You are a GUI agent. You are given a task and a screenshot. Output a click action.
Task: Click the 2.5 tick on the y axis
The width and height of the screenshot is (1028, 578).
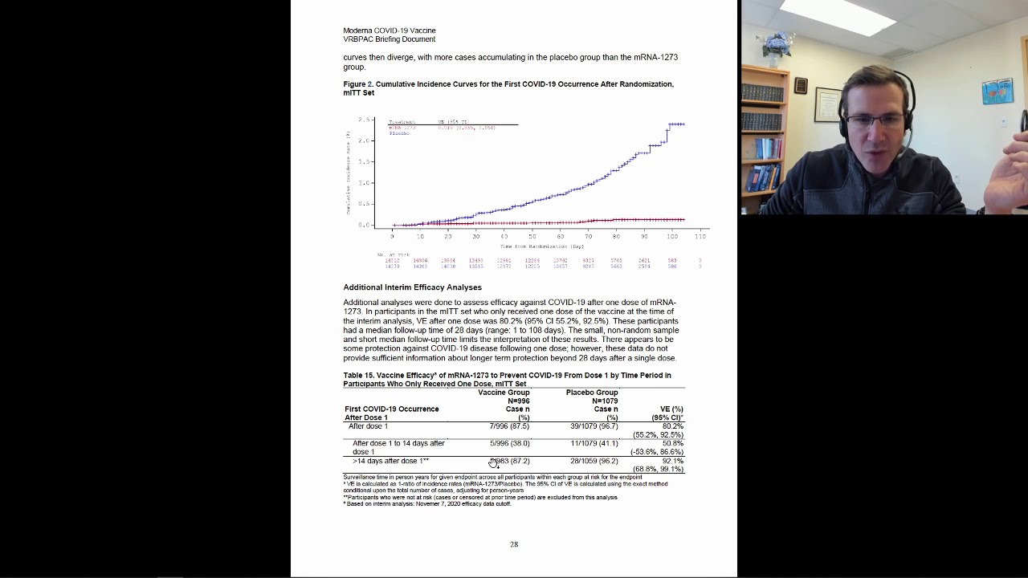tap(364, 120)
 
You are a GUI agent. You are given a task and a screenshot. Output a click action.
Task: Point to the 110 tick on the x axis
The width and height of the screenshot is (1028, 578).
tap(700, 236)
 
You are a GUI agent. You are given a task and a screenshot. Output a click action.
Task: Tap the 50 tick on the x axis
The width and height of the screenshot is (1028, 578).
tap(532, 236)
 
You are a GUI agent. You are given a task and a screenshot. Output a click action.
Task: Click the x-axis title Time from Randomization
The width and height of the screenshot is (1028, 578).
tap(541, 246)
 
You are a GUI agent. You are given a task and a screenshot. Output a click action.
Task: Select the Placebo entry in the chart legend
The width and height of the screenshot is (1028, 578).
tap(399, 133)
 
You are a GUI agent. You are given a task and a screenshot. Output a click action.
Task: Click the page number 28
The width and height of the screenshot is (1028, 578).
tap(514, 544)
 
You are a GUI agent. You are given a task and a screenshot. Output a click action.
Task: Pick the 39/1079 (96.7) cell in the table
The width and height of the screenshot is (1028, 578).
tap(594, 426)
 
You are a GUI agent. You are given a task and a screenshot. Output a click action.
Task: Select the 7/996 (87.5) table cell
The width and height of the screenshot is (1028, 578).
tap(509, 426)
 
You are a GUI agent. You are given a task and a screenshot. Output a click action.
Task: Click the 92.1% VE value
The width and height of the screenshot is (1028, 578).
tap(672, 461)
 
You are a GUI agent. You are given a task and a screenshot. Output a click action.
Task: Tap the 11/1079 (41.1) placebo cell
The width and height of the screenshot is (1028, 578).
tap(594, 443)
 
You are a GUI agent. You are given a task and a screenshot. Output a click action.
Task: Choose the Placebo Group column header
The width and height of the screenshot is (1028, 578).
tap(592, 393)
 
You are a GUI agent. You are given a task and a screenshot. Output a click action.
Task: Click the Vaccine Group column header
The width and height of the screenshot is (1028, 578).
tap(504, 393)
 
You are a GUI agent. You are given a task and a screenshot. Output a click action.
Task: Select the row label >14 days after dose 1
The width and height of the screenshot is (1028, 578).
tap(390, 461)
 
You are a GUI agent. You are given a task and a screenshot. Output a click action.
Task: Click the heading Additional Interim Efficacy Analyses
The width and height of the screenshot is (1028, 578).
tap(412, 287)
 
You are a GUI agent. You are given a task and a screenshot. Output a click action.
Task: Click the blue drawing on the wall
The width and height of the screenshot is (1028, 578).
tap(997, 91)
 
